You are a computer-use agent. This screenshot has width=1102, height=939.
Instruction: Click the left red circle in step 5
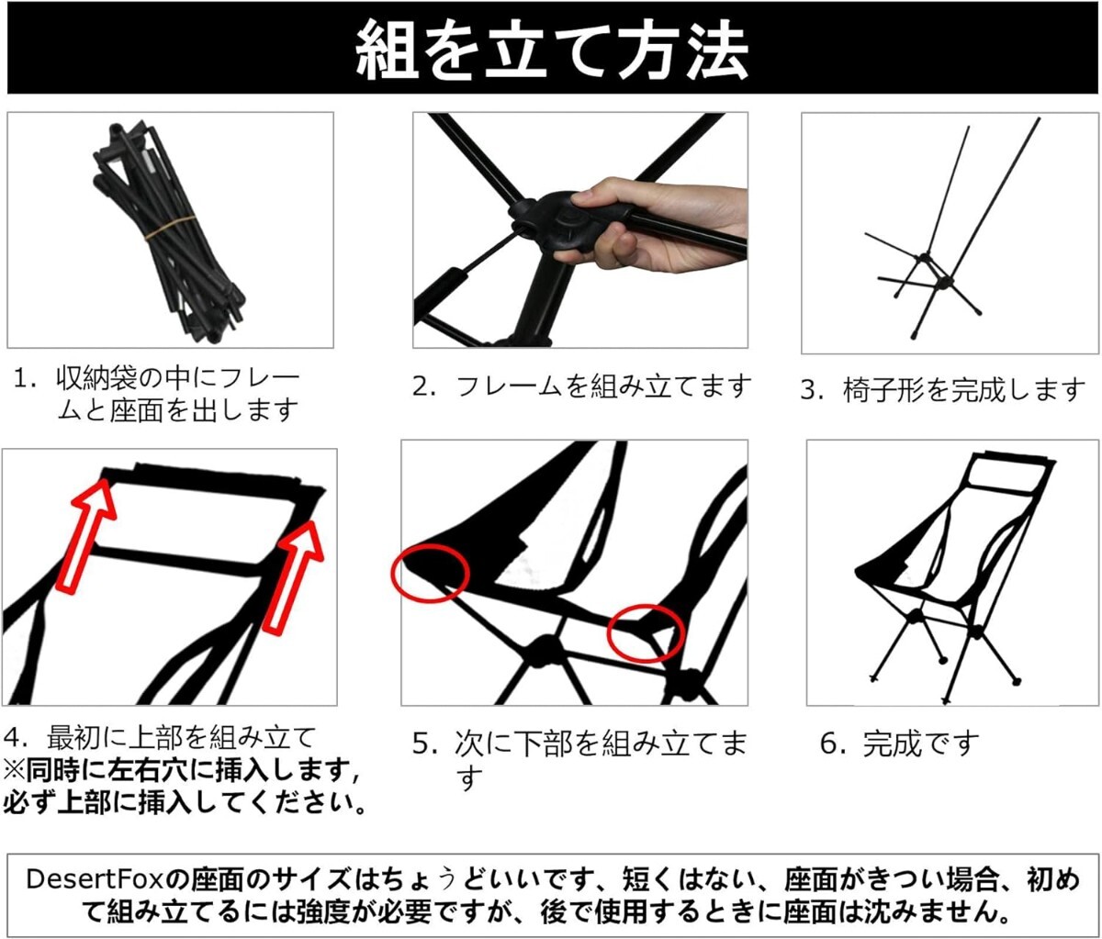431,574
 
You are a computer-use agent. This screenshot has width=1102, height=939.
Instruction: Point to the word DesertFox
95,880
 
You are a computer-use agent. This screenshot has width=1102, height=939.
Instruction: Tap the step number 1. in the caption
26,380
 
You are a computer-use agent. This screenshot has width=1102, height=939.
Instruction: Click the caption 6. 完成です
900,744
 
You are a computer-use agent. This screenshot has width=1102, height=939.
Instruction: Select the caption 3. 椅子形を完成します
942,390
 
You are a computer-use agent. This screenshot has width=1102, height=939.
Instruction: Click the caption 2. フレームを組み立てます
581,386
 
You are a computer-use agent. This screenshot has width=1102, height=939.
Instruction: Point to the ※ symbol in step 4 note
14,771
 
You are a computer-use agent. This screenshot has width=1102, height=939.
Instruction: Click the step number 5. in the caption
425,744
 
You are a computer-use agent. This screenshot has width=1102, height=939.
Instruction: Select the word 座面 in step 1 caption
136,411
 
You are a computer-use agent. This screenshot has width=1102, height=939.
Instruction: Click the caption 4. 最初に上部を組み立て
160,738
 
